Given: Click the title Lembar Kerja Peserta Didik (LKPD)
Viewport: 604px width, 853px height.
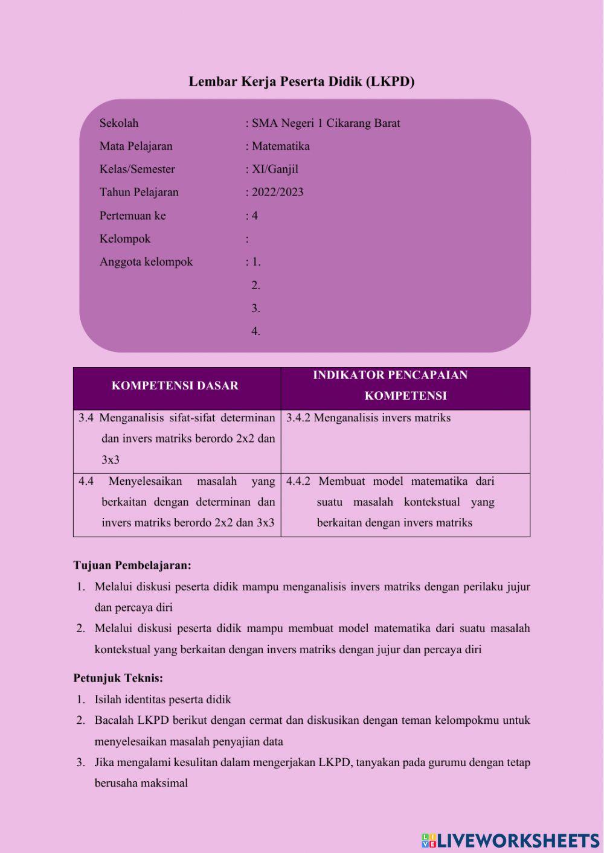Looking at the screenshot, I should pyautogui.click(x=301, y=81).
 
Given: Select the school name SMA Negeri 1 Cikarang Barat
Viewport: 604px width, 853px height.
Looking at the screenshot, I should pyautogui.click(x=326, y=123).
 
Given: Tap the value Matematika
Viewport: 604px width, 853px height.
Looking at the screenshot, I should pyautogui.click(x=280, y=146).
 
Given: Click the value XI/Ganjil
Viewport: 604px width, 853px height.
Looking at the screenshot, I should pyautogui.click(x=275, y=169).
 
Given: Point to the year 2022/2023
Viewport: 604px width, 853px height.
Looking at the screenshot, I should pyautogui.click(x=277, y=192).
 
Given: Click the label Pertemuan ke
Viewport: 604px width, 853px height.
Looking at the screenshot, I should pyautogui.click(x=132, y=216).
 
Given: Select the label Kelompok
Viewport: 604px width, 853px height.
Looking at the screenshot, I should pyautogui.click(x=125, y=238).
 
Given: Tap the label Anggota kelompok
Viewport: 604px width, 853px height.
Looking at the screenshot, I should pyautogui.click(x=146, y=262).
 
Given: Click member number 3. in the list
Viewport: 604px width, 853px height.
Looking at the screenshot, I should pyautogui.click(x=255, y=308).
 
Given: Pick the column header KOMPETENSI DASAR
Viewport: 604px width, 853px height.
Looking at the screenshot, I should pyautogui.click(x=175, y=386).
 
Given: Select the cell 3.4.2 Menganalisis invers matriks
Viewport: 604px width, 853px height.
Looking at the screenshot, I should pyautogui.click(x=368, y=418).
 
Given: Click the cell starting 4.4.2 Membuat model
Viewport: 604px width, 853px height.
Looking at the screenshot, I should pyautogui.click(x=390, y=502).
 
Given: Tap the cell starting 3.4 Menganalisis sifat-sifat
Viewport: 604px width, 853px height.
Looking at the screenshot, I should pyautogui.click(x=177, y=438).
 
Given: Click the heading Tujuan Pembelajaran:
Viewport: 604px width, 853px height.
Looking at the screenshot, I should pyautogui.click(x=132, y=566).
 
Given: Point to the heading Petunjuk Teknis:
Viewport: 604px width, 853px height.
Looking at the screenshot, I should pyautogui.click(x=118, y=678).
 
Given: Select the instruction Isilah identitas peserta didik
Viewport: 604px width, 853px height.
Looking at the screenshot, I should pyautogui.click(x=162, y=700).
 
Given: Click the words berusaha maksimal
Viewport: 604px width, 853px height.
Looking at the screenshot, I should pyautogui.click(x=141, y=783).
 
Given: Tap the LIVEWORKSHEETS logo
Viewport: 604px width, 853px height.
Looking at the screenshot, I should pyautogui.click(x=510, y=840).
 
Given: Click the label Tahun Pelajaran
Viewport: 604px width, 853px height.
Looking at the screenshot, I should pyautogui.click(x=139, y=192).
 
